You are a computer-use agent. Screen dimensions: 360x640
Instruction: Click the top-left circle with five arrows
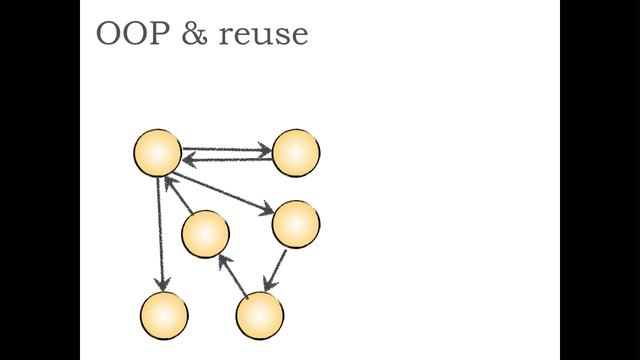(x=157, y=153)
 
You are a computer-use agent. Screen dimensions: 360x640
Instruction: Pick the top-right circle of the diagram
(x=296, y=153)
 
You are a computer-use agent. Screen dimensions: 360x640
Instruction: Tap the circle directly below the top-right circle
(x=296, y=224)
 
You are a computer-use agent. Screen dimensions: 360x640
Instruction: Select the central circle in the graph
(x=205, y=235)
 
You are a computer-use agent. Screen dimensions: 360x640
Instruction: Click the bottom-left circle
(x=164, y=315)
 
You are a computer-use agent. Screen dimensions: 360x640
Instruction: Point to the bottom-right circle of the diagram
(x=260, y=316)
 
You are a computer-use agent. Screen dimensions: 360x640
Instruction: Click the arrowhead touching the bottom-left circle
(x=161, y=285)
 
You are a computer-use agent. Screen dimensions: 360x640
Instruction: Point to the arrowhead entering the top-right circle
(x=265, y=151)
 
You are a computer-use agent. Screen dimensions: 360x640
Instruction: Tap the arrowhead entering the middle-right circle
(x=267, y=210)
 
